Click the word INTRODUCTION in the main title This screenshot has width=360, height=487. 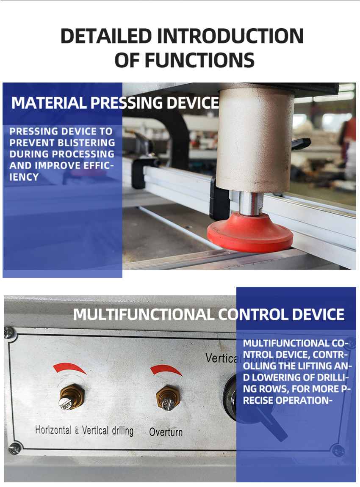pyautogui.click(x=230, y=36)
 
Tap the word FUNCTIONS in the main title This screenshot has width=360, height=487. pyautogui.click(x=199, y=60)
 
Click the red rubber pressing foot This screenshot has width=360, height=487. pyautogui.click(x=250, y=233)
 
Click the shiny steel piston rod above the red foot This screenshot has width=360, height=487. pyautogui.click(x=251, y=204)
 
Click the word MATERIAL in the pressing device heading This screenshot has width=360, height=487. pyautogui.click(x=49, y=103)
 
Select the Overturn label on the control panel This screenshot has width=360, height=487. pyautogui.click(x=166, y=432)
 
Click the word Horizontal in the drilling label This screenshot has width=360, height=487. pyautogui.click(x=53, y=430)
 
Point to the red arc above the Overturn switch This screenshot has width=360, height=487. pyautogui.click(x=166, y=370)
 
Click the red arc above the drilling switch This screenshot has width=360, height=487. pyautogui.click(x=69, y=367)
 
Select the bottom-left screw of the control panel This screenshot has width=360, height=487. pyautogui.click(x=14, y=448)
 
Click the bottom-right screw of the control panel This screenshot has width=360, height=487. pyautogui.click(x=338, y=450)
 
